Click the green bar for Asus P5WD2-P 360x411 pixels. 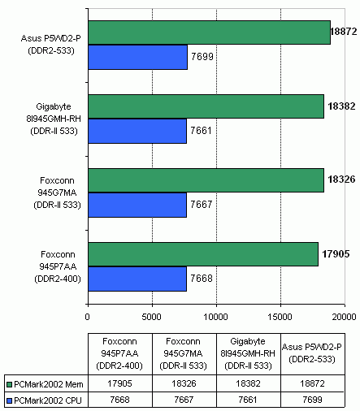[x=210, y=32]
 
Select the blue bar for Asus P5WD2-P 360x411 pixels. [x=137, y=57]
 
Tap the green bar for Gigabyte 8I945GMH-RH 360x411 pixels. [x=206, y=106]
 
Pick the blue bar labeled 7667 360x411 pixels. [x=137, y=205]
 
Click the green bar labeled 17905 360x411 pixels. [x=203, y=254]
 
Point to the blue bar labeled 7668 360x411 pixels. [x=137, y=279]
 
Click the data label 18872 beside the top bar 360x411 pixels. [x=344, y=32]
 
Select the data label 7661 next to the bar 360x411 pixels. [x=201, y=131]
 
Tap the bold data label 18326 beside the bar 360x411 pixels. [x=341, y=180]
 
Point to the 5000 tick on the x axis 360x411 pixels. [x=151, y=317]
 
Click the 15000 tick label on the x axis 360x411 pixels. [x=280, y=317]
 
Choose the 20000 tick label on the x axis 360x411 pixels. [x=344, y=317]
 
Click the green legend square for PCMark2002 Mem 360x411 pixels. [x=10, y=384]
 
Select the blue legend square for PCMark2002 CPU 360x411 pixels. [x=10, y=400]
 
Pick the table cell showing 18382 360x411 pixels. [x=249, y=383]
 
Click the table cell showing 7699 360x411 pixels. [x=313, y=400]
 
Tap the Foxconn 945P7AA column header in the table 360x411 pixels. [x=119, y=353]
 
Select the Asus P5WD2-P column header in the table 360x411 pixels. [x=312, y=353]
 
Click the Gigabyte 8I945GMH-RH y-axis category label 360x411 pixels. [x=54, y=119]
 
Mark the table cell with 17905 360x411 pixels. [x=120, y=383]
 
